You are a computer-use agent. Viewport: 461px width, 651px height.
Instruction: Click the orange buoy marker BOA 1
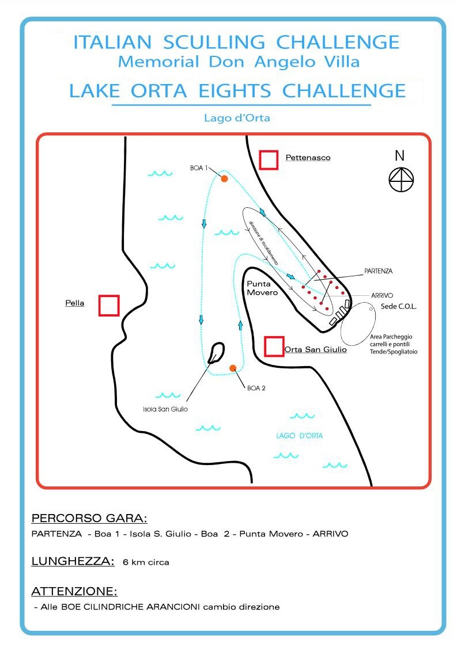tap(224, 179)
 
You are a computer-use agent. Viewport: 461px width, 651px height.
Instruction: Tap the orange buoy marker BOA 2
tap(233, 368)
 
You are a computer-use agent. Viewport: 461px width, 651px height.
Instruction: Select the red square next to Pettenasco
tap(269, 159)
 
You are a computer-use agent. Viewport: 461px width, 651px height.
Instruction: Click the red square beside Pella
tap(109, 305)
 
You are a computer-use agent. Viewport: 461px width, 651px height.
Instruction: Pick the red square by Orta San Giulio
tap(274, 346)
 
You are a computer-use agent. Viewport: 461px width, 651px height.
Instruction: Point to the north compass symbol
tap(400, 180)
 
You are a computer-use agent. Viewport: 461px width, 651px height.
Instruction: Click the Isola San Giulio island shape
tap(217, 352)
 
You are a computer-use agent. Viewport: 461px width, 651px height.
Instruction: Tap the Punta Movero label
tap(262, 288)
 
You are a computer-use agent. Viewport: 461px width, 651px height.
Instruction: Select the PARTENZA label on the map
tap(379, 270)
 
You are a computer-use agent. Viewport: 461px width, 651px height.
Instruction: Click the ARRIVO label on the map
tap(381, 295)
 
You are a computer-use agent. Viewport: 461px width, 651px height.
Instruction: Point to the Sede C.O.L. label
tap(399, 307)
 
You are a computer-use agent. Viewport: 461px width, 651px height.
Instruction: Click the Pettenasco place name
tap(308, 157)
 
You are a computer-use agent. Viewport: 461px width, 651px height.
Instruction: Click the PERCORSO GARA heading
tap(89, 518)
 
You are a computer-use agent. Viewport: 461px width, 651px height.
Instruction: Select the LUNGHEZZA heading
tap(73, 562)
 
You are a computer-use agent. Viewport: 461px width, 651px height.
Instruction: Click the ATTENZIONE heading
tap(75, 591)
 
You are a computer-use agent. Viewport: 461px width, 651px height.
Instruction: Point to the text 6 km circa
tap(146, 562)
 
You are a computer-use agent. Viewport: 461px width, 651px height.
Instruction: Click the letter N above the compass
tap(400, 155)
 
